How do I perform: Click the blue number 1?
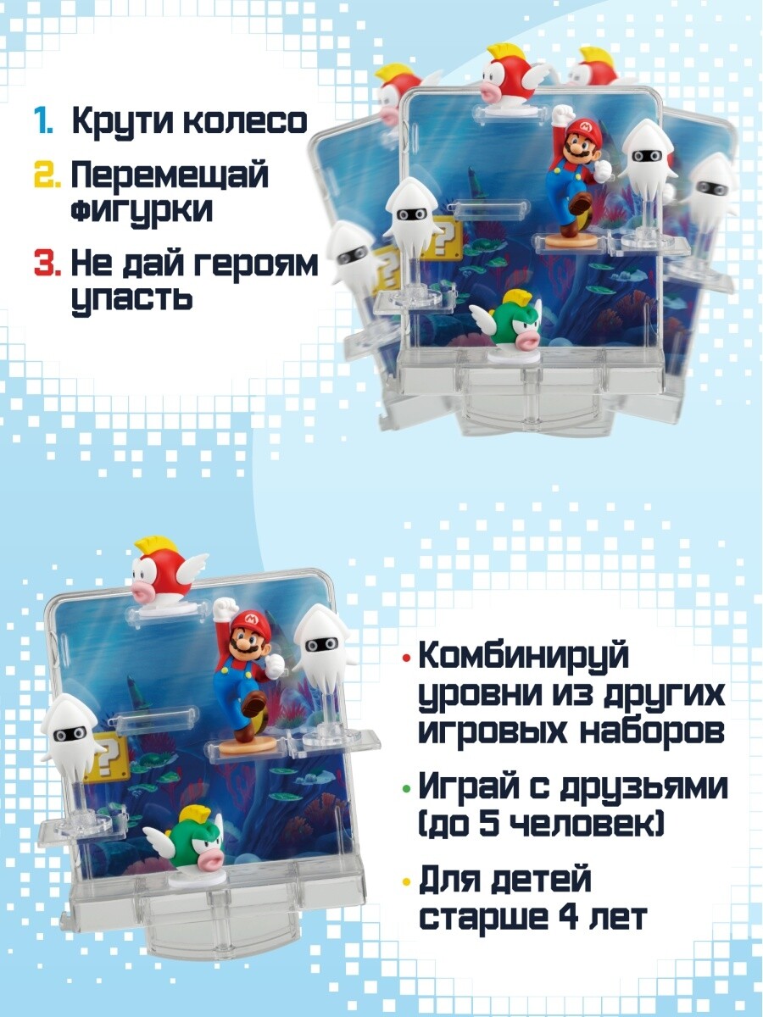pos(42,122)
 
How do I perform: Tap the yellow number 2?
pos(47,176)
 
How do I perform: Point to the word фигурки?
pos(142,211)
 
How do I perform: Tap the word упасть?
pos(131,299)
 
